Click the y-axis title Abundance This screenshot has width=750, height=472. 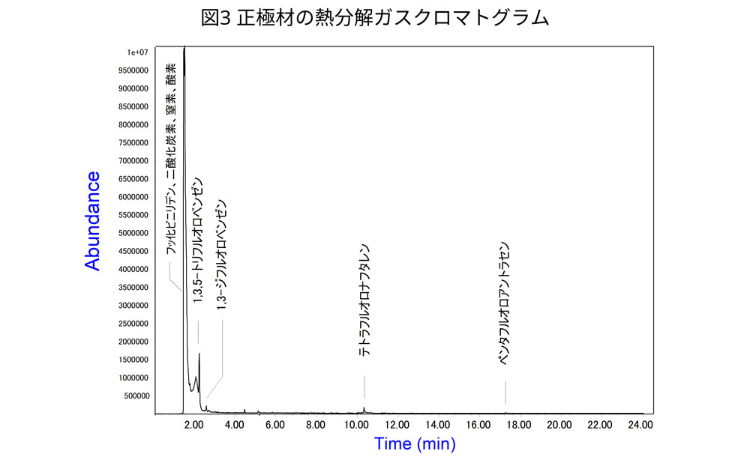tap(92, 220)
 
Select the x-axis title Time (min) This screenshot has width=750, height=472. tap(415, 444)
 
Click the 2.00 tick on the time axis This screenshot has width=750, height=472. tap(193, 425)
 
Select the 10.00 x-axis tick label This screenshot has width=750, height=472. tap(355, 425)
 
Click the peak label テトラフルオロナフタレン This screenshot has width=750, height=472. tap(363, 300)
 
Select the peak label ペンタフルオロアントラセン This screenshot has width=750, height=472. tap(505, 303)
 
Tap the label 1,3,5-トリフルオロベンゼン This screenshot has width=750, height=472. tap(198, 240)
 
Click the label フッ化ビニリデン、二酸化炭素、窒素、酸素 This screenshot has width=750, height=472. tap(171, 157)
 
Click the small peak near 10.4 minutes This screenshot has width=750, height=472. tap(364, 408)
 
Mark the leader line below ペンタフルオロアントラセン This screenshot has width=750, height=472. tap(505, 393)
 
